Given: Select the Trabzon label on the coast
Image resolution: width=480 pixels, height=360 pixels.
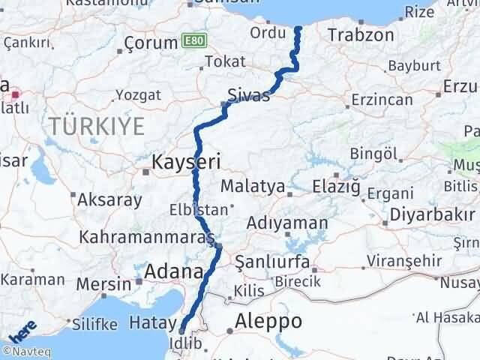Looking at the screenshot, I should [x=361, y=34].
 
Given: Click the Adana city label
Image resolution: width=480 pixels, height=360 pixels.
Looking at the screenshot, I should [x=174, y=271].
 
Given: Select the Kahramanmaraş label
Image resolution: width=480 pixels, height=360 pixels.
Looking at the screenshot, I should [x=153, y=238].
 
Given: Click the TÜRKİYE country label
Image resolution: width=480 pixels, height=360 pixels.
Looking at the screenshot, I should [x=97, y=126].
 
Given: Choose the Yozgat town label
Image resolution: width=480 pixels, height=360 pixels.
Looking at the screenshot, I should [x=137, y=95].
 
